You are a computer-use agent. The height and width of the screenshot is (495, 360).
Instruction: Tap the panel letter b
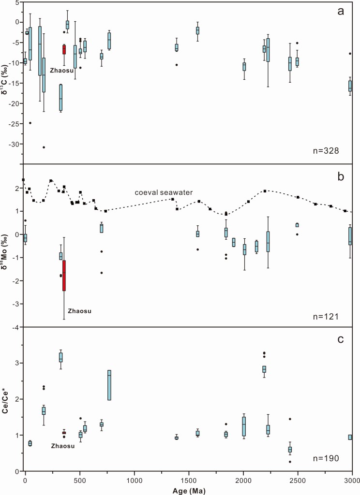coord(341,177)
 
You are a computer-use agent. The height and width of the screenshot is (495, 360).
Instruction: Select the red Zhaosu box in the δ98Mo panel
coord(64,276)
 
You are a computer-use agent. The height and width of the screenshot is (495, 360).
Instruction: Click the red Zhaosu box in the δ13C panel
coord(64,49)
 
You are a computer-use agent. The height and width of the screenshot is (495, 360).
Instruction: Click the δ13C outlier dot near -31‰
coord(44,147)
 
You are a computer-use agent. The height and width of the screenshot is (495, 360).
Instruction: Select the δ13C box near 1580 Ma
coord(198,30)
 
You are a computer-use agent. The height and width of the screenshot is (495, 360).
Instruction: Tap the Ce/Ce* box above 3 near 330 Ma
coord(61,357)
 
